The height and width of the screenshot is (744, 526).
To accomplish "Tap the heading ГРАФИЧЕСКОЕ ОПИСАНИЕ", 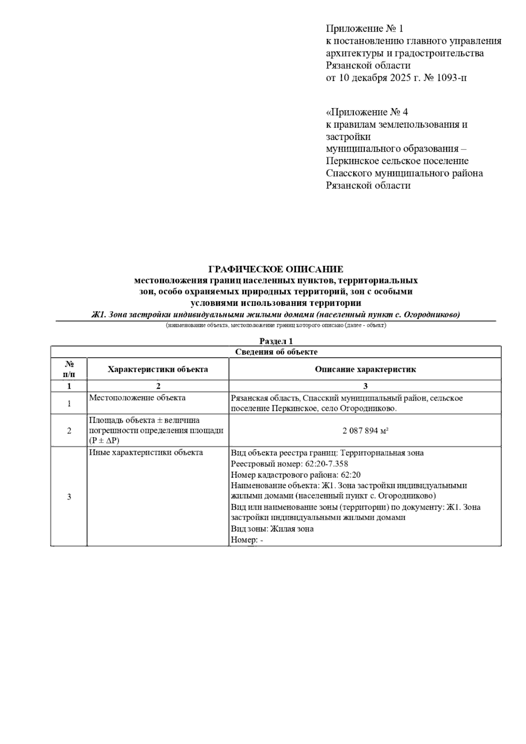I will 276,269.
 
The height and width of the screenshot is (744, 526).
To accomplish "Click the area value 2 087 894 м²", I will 366,431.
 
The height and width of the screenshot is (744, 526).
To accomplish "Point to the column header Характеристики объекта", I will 158,369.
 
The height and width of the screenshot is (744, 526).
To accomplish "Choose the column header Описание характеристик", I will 365,369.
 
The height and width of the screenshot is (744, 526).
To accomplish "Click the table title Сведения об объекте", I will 276,352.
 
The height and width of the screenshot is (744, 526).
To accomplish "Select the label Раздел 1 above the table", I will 276,341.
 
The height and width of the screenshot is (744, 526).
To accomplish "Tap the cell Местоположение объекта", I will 137,398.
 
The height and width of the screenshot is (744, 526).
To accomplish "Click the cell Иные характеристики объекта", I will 146,453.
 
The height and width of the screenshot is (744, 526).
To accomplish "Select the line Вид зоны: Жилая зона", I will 272,528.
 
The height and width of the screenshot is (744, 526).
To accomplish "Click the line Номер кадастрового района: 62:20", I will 296,475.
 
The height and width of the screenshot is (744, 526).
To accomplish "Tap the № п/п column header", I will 69,369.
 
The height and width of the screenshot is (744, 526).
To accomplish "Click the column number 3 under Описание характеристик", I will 365,386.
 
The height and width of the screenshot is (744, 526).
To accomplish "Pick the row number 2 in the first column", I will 69,431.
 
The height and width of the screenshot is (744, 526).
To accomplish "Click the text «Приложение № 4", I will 367,112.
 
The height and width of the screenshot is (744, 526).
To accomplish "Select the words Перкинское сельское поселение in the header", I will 397,161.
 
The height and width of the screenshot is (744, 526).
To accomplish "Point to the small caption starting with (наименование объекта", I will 276,326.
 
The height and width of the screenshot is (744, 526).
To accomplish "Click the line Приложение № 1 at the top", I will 364,29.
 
